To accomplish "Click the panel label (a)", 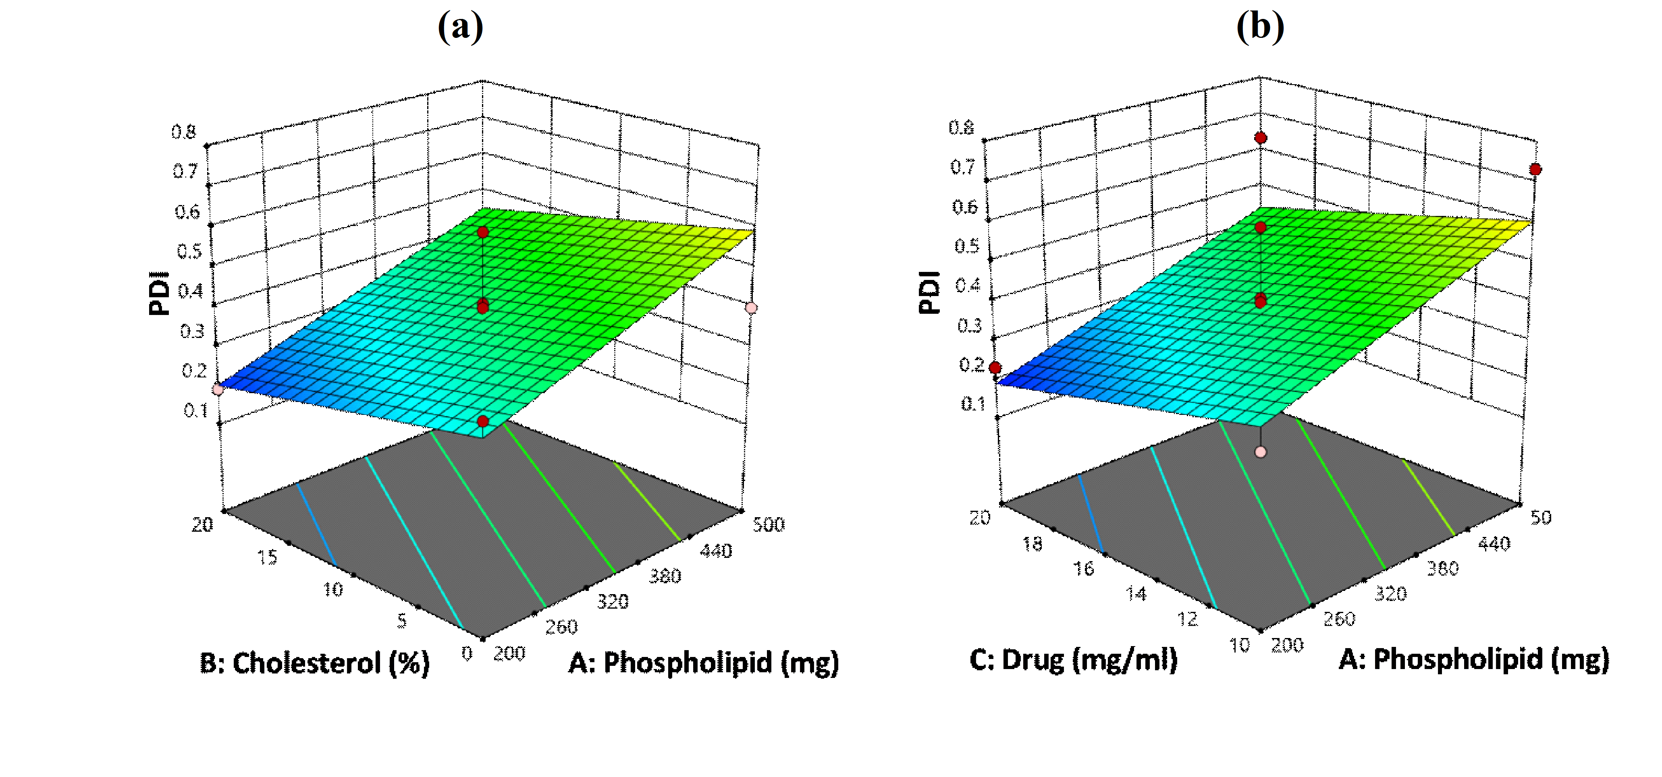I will click(460, 27).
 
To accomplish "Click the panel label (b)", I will click(1259, 27).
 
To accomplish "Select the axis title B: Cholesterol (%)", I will click(314, 663).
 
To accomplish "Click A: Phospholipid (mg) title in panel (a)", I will click(703, 663).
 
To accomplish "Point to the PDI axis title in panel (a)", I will click(159, 293).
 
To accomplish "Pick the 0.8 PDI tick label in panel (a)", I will click(184, 132).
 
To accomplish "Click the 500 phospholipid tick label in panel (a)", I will click(769, 524).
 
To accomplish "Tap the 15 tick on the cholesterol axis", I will click(267, 557).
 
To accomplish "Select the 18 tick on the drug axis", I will click(1032, 544).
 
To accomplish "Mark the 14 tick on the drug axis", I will click(1136, 593).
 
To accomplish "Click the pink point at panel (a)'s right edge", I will click(751, 308).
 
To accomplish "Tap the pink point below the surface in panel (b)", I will click(1261, 452).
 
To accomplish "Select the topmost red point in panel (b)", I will click(1261, 137).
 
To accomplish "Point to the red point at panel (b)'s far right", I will click(1535, 169).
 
